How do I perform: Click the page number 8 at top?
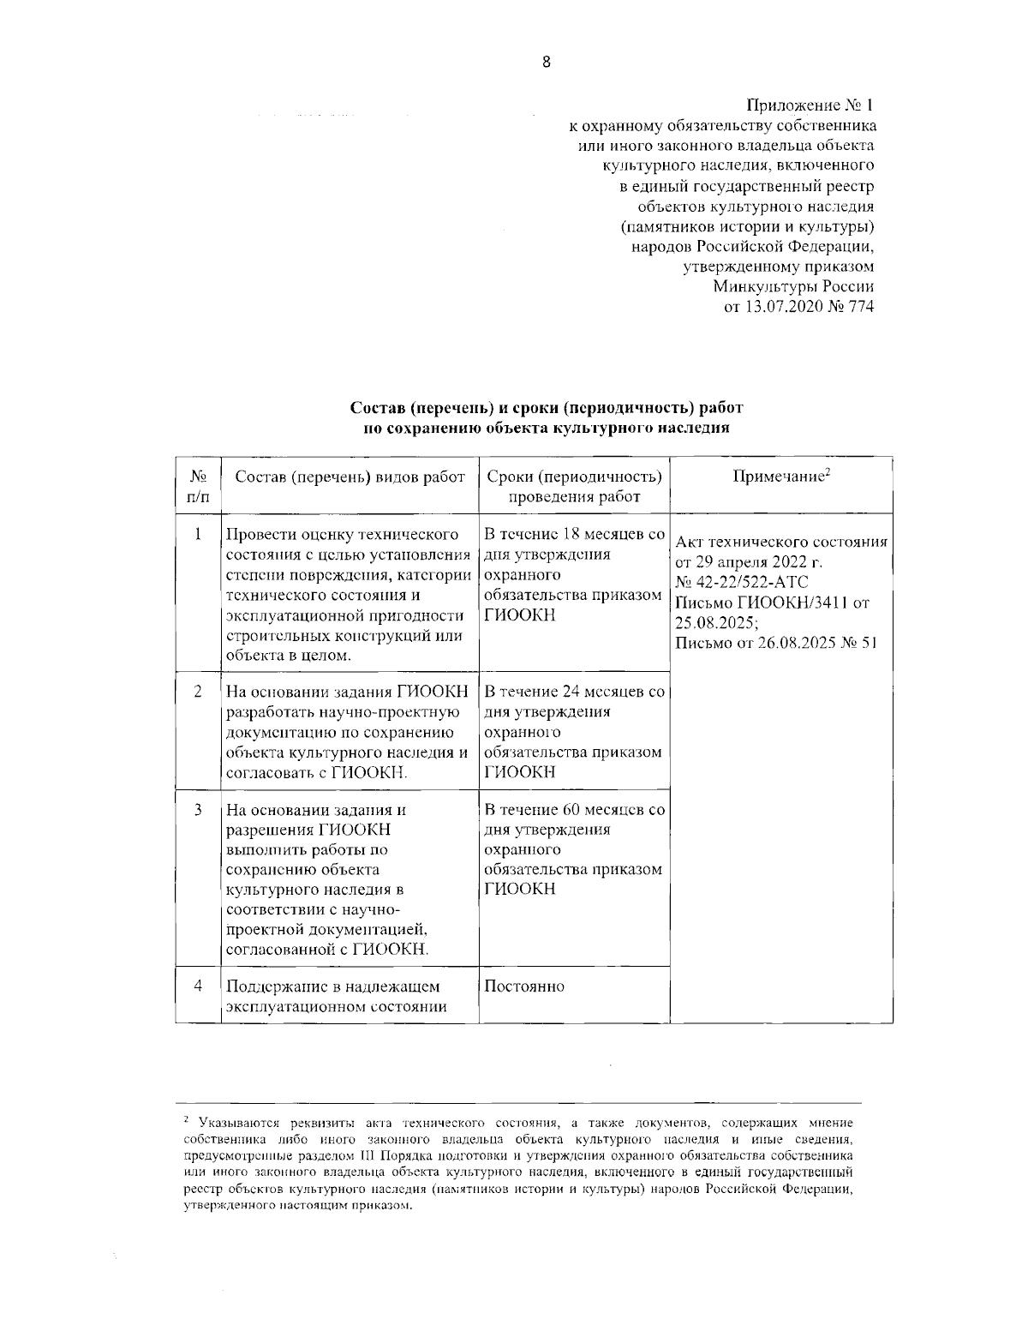[x=546, y=62]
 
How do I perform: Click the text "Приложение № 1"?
[x=810, y=106]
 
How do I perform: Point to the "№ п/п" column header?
[x=198, y=486]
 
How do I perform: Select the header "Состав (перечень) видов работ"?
[x=350, y=477]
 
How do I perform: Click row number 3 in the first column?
[x=198, y=810]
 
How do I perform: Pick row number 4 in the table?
[x=198, y=986]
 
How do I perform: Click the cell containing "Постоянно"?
[x=524, y=986]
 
